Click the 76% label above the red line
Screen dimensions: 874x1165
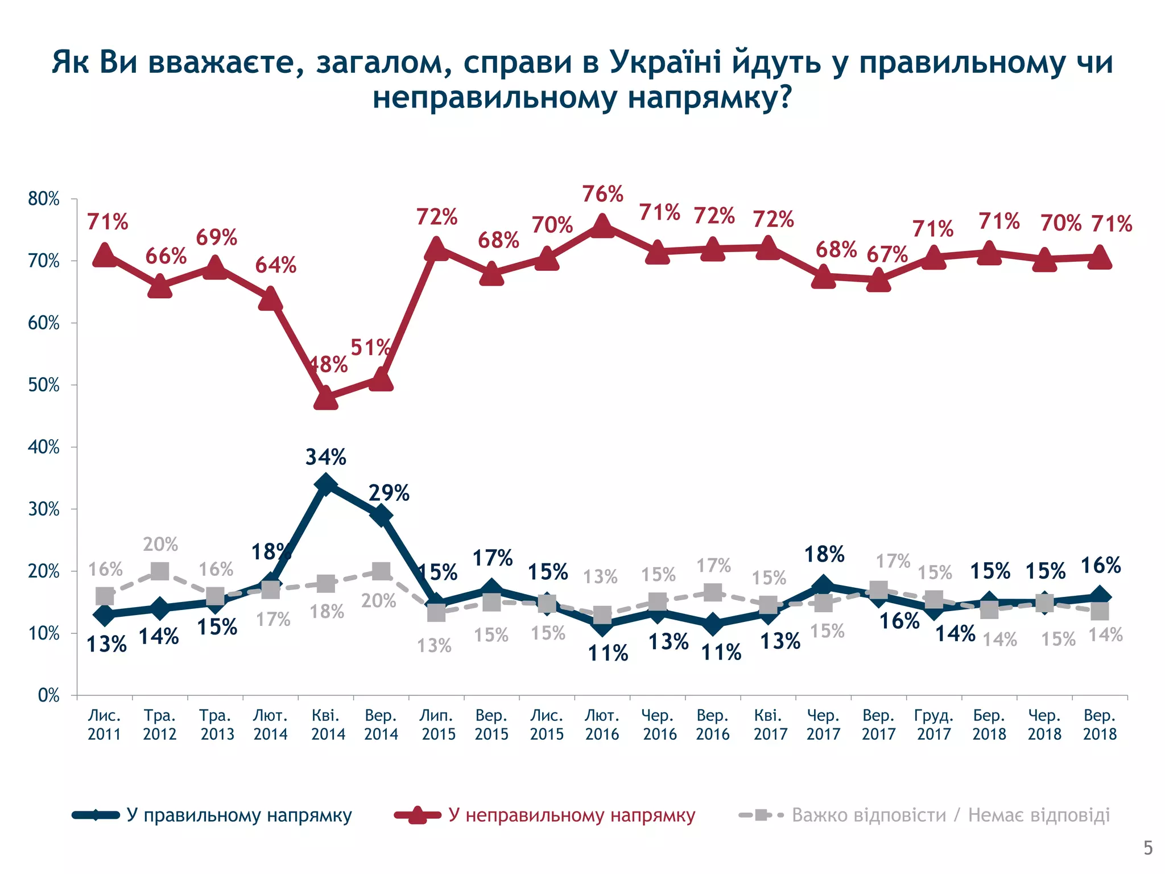coord(602,194)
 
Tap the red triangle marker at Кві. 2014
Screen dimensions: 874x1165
coord(325,397)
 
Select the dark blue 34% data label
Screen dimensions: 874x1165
coord(325,457)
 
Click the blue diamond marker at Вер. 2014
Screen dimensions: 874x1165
coord(381,516)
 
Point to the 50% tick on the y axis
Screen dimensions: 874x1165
coord(44,385)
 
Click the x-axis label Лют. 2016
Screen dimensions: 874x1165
coord(602,724)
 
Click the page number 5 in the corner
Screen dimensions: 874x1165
coord(1148,848)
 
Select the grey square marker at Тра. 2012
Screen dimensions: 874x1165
coord(160,571)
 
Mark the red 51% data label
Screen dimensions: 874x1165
coord(370,347)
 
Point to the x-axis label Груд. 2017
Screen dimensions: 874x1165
coord(933,724)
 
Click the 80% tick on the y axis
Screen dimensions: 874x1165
coord(44,199)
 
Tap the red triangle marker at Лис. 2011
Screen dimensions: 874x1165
coord(105,255)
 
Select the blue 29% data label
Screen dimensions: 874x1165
coord(389,493)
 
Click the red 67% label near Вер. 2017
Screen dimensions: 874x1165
coord(887,254)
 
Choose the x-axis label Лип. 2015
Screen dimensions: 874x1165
coord(438,724)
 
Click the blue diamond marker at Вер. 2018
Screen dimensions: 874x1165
coord(1100,597)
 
